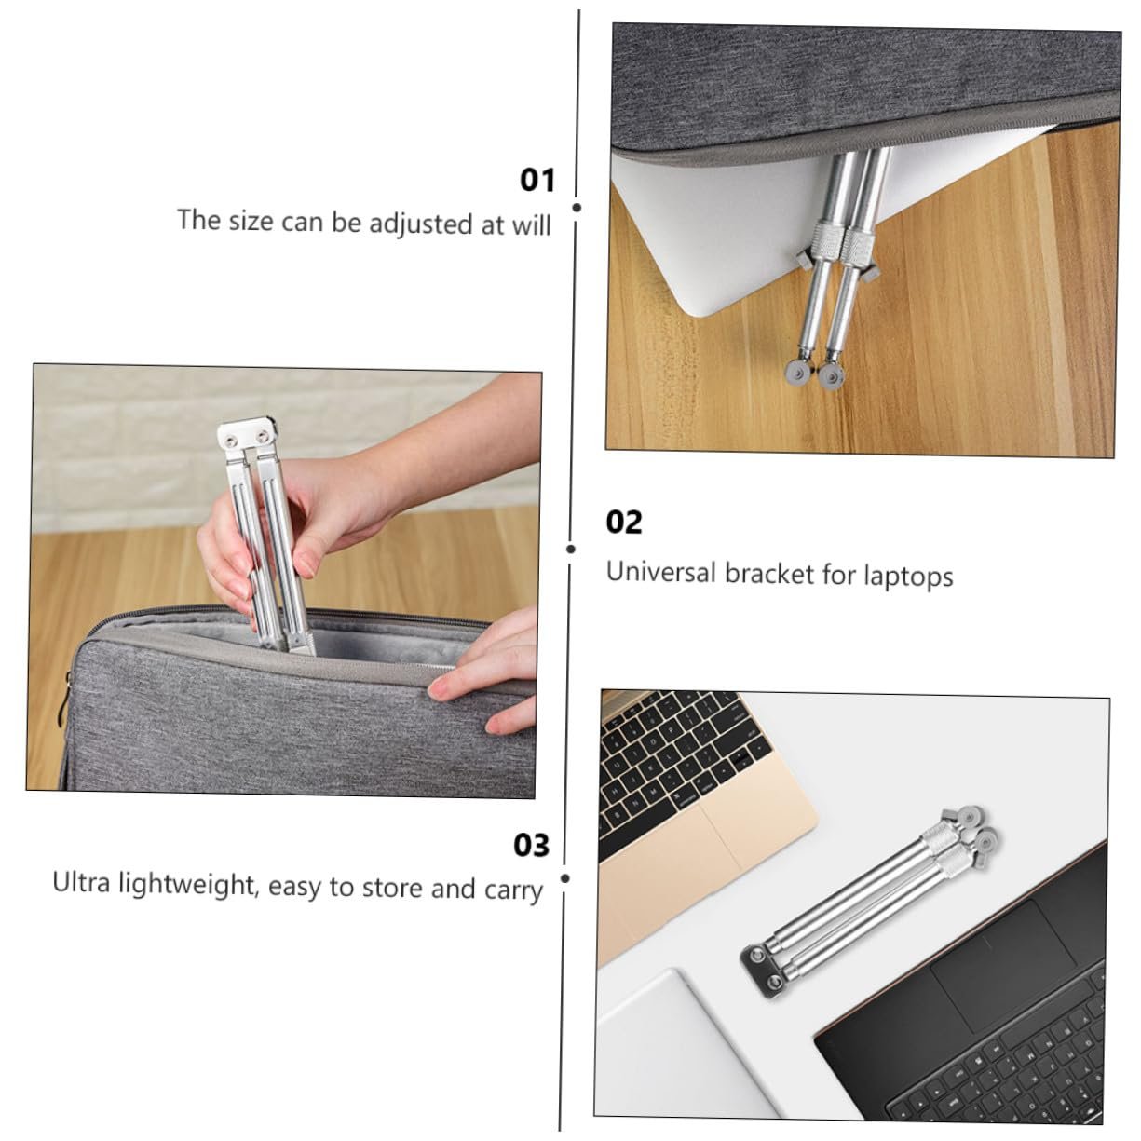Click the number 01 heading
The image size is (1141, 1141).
(537, 180)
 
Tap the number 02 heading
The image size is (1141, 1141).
(623, 523)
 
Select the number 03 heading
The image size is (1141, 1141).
(531, 846)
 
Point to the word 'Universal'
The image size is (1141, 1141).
(661, 572)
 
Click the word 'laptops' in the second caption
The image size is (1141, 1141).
(908, 577)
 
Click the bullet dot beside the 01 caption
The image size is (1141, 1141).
(577, 207)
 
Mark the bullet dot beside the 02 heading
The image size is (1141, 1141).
(571, 549)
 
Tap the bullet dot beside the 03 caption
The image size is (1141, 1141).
(565, 878)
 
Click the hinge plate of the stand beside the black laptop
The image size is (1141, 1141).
(763, 971)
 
